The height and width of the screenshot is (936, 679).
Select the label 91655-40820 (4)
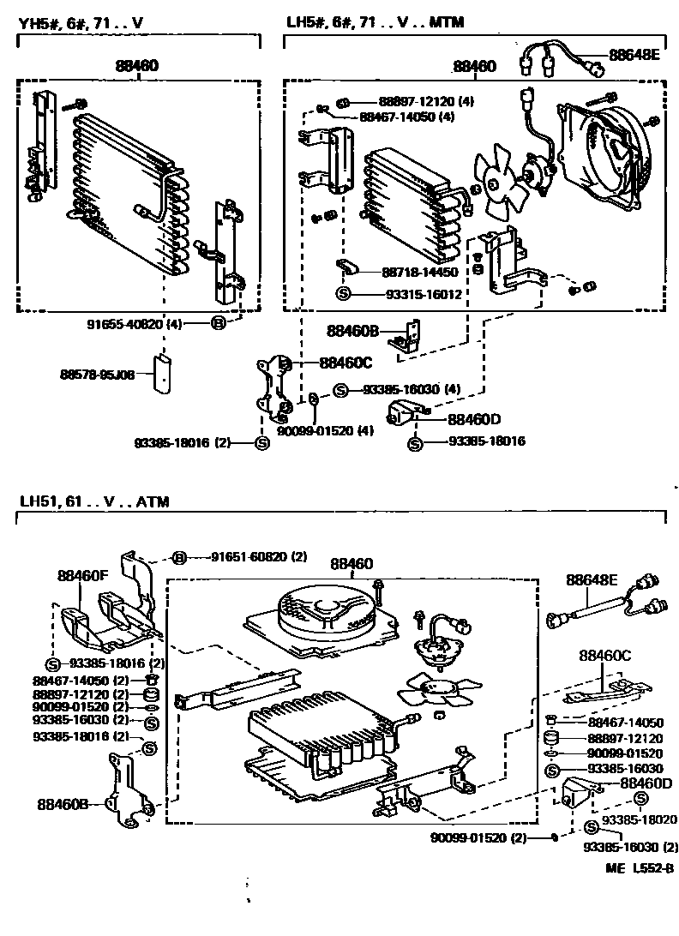pyautogui.click(x=135, y=324)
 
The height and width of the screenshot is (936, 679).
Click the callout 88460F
pyautogui.click(x=83, y=576)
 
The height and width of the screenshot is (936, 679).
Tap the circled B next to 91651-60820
pyautogui.click(x=180, y=557)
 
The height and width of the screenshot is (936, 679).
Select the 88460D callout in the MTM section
pyautogui.click(x=472, y=420)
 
